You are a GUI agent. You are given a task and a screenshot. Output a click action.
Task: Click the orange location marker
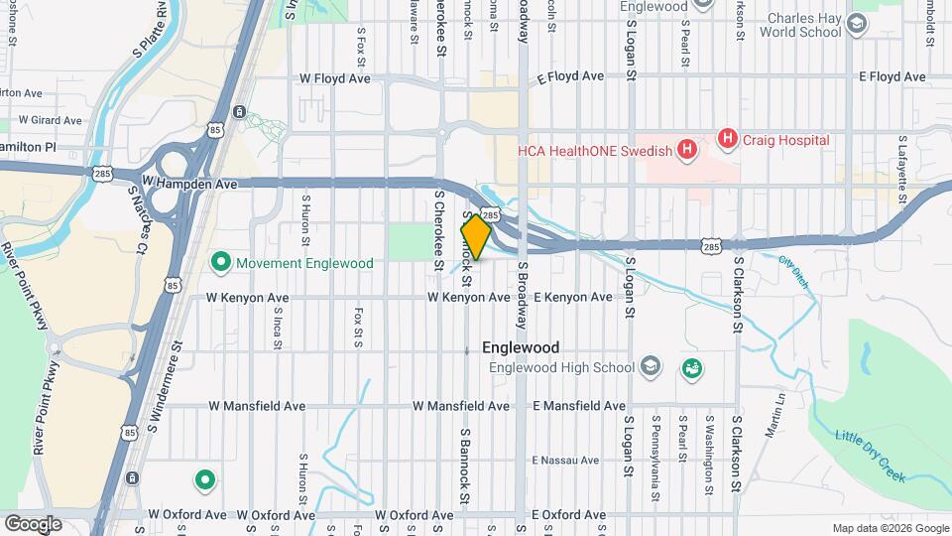pyautogui.click(x=476, y=237)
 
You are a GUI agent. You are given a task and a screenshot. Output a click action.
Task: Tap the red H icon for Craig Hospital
pyautogui.click(x=729, y=140)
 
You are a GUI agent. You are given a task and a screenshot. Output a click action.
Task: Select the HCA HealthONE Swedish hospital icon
pyautogui.click(x=686, y=151)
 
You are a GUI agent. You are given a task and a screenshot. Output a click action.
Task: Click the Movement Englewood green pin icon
pyautogui.click(x=220, y=263)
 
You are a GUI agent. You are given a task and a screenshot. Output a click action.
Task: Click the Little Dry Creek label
pyautogui.click(x=871, y=457)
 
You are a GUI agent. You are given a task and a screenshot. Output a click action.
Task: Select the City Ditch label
pyautogui.click(x=794, y=272)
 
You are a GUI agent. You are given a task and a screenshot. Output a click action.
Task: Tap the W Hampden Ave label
pyautogui.click(x=189, y=184)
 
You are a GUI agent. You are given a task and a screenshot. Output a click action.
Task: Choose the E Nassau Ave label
pyautogui.click(x=565, y=461)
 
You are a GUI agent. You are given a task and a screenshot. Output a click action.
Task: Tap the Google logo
pyautogui.click(x=33, y=523)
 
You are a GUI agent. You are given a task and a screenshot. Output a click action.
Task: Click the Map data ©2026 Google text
pyautogui.click(x=889, y=528)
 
